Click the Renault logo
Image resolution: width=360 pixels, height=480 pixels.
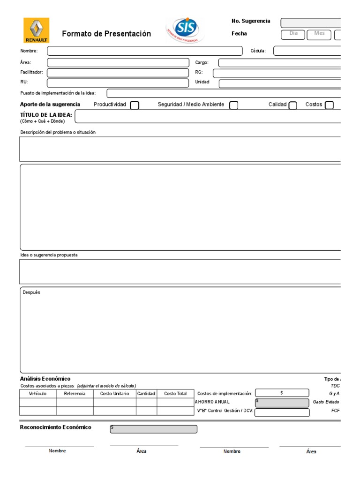pyautogui.click(x=37, y=30)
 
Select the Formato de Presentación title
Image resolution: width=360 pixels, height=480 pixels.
pyautogui.click(x=106, y=34)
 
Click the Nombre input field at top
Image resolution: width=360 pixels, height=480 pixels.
pyautogui.click(x=145, y=51)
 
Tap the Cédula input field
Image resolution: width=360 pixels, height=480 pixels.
pyautogui.click(x=307, y=51)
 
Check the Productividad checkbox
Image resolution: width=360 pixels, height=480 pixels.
pyautogui.click(x=135, y=105)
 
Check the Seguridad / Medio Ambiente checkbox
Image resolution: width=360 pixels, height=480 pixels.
pyautogui.click(x=233, y=105)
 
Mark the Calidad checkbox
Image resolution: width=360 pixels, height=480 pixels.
pyautogui.click(x=292, y=105)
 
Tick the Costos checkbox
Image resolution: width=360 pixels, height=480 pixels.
pyautogui.click(x=329, y=105)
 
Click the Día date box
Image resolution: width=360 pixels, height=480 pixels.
pyautogui.click(x=293, y=34)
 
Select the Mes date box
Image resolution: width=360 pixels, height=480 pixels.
pyautogui.click(x=319, y=34)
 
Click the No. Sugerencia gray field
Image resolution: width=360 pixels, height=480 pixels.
pyautogui.click(x=310, y=23)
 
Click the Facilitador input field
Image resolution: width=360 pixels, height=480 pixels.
pyautogui.click(x=117, y=73)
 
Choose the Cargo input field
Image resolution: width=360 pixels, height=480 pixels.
pyautogui.click(x=279, y=63)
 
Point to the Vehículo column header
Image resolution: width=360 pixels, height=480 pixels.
pyautogui.click(x=37, y=394)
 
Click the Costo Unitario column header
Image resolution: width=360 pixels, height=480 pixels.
pyautogui.click(x=114, y=394)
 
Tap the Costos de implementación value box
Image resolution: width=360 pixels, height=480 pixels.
pyautogui.click(x=282, y=393)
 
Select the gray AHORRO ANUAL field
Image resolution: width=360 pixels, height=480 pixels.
pyautogui.click(x=282, y=403)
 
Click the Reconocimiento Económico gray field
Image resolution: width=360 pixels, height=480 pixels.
pyautogui.click(x=154, y=429)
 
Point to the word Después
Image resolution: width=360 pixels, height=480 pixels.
pyautogui.click(x=31, y=292)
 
